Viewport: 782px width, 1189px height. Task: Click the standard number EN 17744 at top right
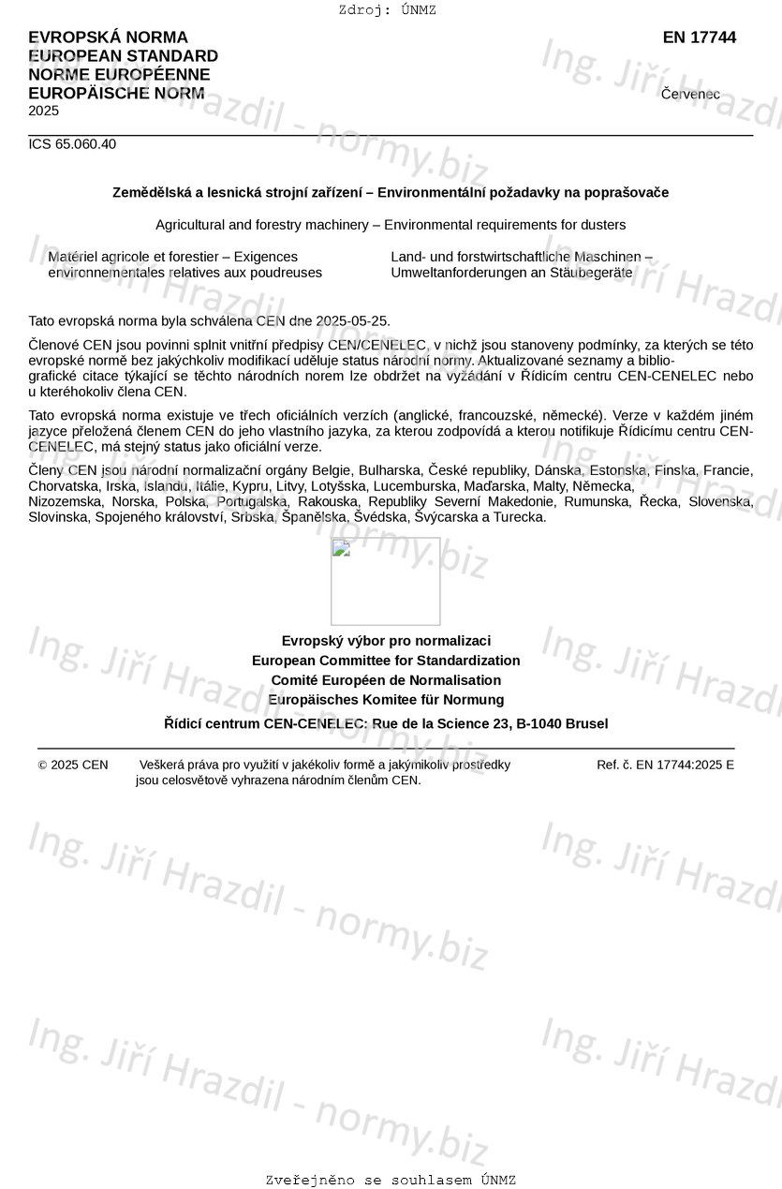699,37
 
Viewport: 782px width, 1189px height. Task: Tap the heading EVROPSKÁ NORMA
108,37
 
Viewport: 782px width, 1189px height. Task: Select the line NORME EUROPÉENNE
119,75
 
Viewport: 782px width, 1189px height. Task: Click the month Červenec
690,94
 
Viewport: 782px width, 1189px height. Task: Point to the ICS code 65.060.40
72,144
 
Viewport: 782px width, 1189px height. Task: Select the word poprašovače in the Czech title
627,193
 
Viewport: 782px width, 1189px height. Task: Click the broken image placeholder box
385,581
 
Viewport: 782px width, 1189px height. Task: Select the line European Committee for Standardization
386,661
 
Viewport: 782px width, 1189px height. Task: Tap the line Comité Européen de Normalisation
386,680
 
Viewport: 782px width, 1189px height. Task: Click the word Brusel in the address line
585,723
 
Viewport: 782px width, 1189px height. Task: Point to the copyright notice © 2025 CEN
73,765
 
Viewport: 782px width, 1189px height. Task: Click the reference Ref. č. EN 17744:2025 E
665,765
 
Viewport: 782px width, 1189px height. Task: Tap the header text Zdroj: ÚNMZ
387,10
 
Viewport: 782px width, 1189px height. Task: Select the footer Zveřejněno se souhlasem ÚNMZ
391,1180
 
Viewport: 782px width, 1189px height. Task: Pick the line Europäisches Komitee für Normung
386,700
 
